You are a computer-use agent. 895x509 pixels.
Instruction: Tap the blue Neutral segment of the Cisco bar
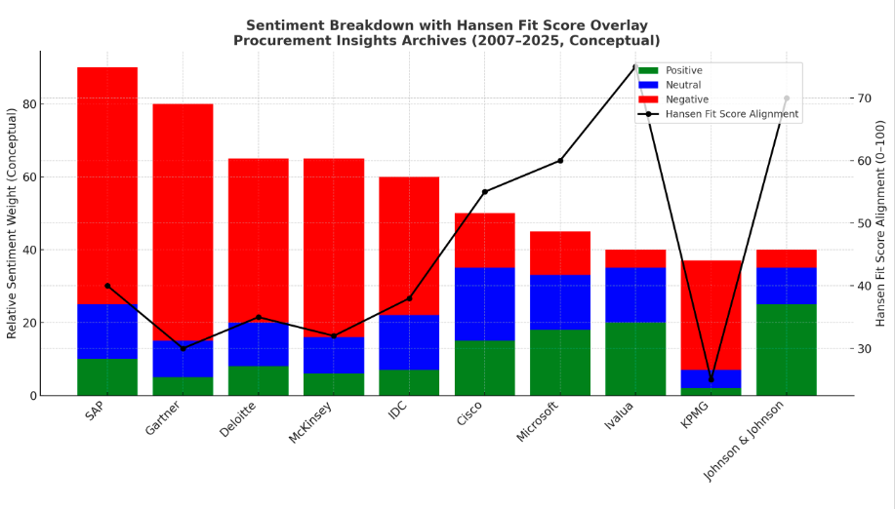(484, 304)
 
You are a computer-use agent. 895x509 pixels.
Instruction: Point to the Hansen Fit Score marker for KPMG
(711, 379)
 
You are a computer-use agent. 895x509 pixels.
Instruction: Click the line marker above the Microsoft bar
(560, 160)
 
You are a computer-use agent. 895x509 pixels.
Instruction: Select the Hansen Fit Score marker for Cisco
(485, 192)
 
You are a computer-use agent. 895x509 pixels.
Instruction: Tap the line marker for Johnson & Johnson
(786, 98)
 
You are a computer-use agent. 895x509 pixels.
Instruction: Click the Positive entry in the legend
(683, 70)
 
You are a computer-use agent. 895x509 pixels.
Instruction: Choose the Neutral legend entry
(682, 85)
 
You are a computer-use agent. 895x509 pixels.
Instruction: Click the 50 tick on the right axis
(862, 223)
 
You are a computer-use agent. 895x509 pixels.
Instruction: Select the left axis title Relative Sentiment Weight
(13, 223)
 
